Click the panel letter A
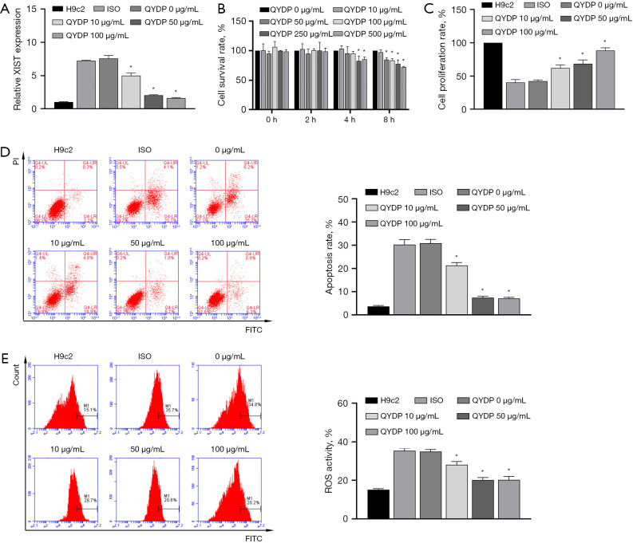coord(6,9)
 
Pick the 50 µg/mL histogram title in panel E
coord(144,439)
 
